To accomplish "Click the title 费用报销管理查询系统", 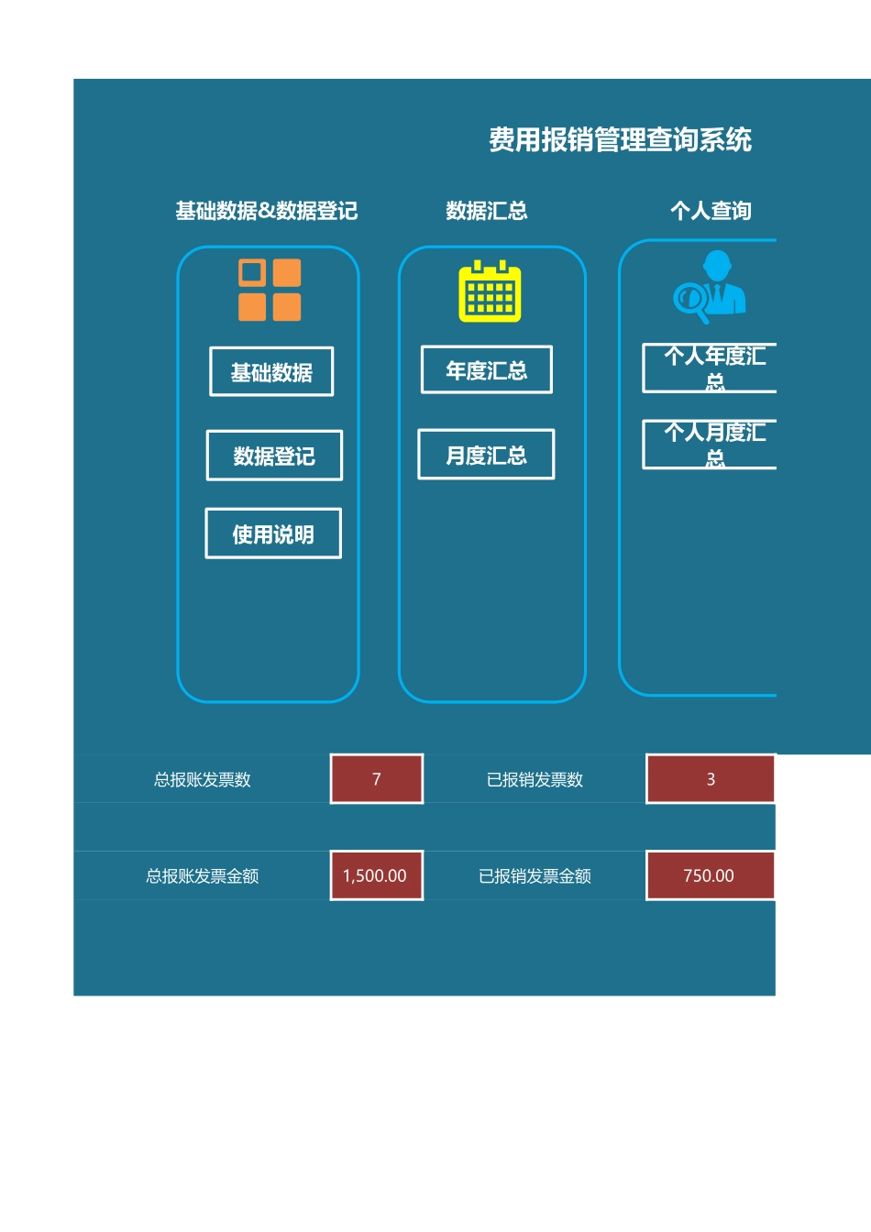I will point(620,140).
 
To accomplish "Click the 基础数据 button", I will point(271,372).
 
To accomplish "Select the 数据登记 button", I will point(274,456).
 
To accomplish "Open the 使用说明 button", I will point(273,533).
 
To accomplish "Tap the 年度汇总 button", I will point(486,370).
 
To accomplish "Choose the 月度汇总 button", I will point(486,455).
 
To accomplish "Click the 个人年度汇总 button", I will point(711,368).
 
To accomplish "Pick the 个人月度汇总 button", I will point(711,445).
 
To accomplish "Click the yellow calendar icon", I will point(490,292).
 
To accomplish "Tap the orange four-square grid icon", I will point(270,290).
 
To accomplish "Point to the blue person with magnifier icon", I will point(711,287).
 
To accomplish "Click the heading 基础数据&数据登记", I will point(267,211).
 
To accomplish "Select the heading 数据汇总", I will point(487,211).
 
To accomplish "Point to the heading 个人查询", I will point(711,211).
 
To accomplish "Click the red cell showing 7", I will point(377,779).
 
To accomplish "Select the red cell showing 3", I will point(711,779).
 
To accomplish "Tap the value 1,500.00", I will point(375,875).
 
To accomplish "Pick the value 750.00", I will point(709,875).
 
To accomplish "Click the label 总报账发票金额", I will point(203,876).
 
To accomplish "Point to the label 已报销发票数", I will point(535,780).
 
